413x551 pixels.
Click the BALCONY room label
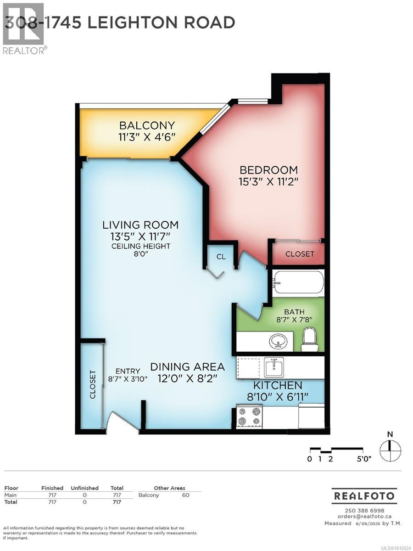click(147, 125)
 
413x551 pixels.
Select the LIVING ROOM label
click(140, 225)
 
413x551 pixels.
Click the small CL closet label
click(221, 257)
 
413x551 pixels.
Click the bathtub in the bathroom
click(298, 281)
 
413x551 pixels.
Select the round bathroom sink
click(278, 342)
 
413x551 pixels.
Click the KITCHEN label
click(278, 385)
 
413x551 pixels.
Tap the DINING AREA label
click(188, 367)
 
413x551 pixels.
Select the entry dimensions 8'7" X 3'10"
click(127, 379)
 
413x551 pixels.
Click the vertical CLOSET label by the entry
click(92, 384)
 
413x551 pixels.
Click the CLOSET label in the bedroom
click(300, 254)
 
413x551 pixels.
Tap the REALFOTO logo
click(364, 496)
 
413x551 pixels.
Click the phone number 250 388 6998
click(364, 511)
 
